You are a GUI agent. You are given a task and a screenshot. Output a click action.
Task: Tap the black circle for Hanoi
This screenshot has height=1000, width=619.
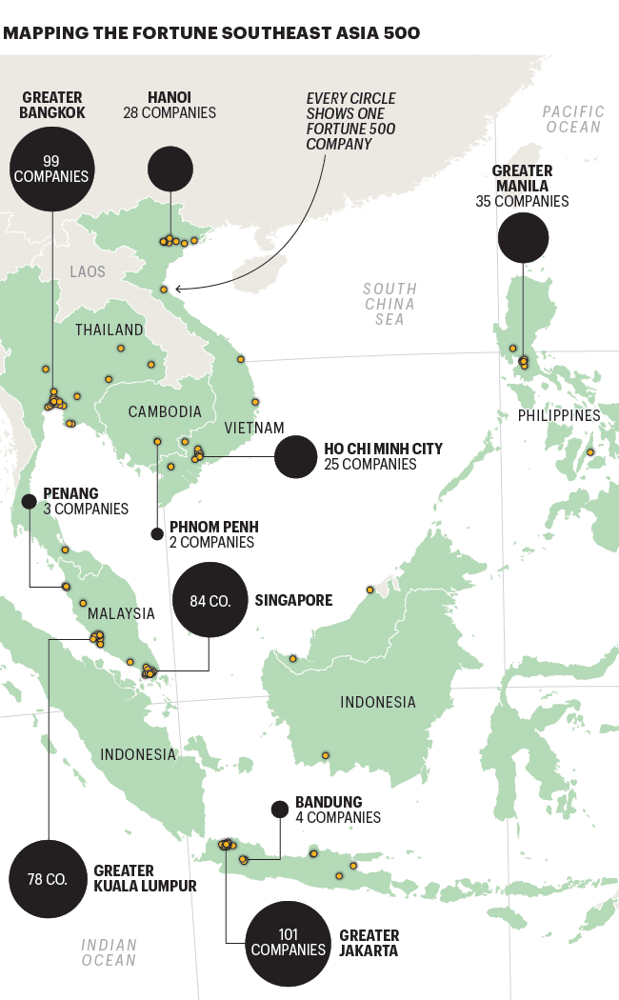170,169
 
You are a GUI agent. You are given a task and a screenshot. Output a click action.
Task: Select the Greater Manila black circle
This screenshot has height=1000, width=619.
523,237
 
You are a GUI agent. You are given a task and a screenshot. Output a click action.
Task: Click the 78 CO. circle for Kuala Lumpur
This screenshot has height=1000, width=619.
47,878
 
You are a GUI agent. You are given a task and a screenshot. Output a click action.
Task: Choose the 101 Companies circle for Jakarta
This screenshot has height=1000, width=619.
289,942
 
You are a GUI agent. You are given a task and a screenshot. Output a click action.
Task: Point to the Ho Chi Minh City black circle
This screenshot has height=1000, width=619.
295,456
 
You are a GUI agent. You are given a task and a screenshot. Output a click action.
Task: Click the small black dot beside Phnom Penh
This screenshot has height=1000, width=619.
157,533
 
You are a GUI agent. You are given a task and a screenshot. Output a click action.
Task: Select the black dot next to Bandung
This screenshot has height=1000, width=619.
279,810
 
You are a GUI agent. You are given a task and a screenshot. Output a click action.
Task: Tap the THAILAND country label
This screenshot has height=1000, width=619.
110,330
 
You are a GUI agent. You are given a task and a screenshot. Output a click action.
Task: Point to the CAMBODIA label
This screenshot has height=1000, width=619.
165,411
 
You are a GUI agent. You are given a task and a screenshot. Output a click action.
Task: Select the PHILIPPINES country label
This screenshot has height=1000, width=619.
559,415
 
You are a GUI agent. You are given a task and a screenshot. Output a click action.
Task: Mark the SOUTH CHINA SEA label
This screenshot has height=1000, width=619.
389,304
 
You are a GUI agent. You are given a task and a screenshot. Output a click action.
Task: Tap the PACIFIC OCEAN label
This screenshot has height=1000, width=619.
573,119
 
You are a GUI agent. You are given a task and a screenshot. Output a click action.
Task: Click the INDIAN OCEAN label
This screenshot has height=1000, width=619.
109,952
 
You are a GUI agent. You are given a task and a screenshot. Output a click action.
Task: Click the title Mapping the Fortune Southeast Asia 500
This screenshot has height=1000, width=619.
211,33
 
